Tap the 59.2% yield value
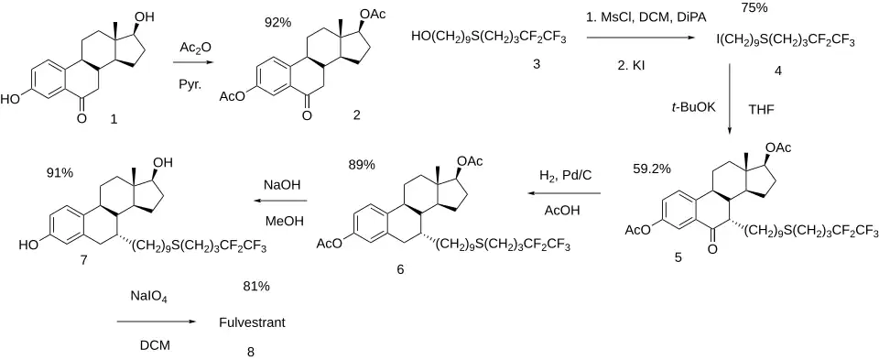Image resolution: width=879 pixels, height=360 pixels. [651, 168]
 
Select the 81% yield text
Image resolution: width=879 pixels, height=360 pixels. [256, 286]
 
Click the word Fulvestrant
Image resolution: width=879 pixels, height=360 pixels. [252, 323]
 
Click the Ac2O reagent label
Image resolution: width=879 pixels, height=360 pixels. [192, 49]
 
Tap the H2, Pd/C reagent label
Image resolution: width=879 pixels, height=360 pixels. [566, 176]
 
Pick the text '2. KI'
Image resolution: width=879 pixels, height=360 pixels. [631, 66]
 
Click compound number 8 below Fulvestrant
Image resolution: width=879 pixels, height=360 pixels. [251, 352]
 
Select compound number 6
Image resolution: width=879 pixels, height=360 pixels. [400, 268]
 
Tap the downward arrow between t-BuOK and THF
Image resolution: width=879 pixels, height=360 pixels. [730, 99]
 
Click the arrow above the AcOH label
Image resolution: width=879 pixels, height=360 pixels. [564, 194]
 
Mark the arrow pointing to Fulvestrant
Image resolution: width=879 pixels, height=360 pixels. [157, 322]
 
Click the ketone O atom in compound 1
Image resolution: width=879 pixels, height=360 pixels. [82, 118]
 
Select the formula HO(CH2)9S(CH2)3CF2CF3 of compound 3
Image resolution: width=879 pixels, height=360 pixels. [489, 38]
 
